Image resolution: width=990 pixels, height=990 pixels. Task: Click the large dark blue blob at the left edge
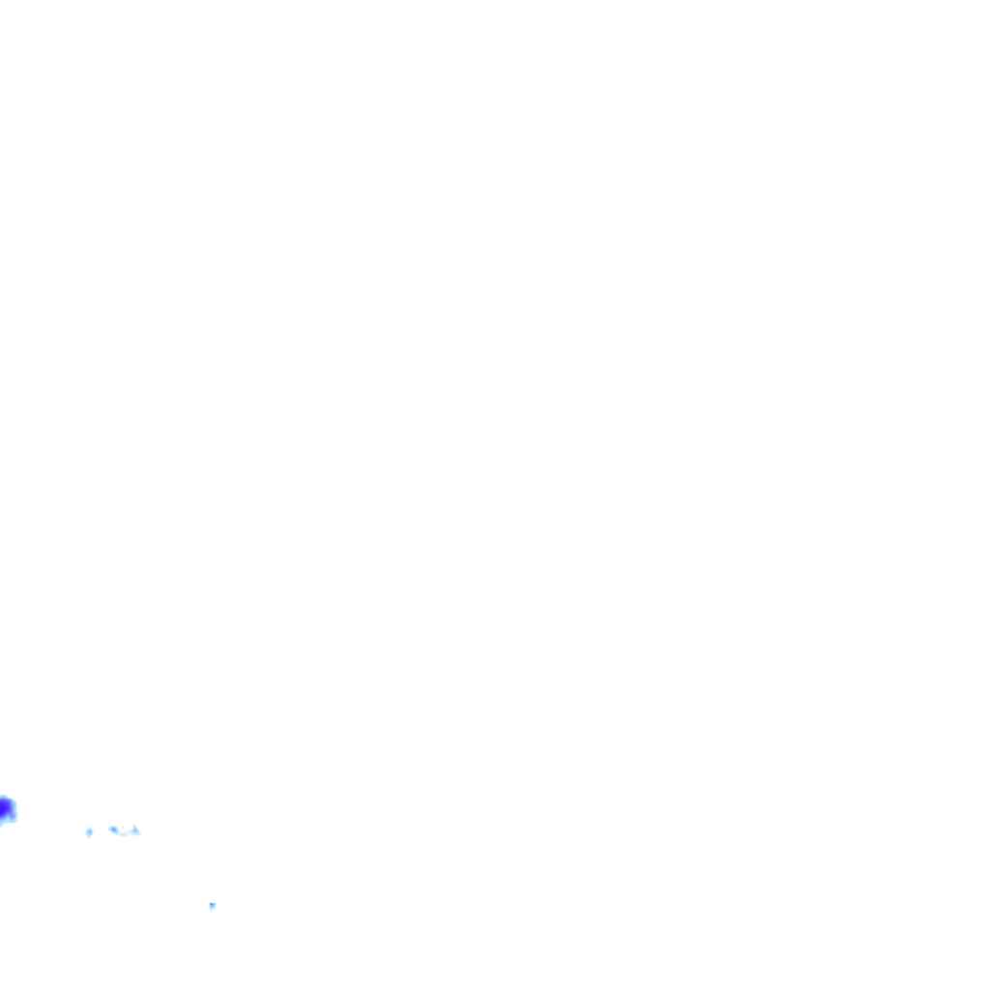(x=6, y=809)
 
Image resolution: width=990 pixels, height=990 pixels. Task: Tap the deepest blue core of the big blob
(x=5, y=808)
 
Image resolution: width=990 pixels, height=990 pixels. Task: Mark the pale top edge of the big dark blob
(x=6, y=796)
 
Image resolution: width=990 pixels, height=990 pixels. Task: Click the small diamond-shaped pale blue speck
(x=89, y=831)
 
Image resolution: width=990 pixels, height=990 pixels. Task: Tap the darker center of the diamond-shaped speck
(x=89, y=831)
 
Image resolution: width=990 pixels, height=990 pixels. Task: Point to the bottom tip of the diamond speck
(x=89, y=836)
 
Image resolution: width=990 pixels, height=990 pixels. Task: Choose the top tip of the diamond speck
(x=89, y=827)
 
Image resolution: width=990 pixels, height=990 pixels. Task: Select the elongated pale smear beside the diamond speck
(x=124, y=830)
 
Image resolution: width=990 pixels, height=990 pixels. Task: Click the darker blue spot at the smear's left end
(x=113, y=830)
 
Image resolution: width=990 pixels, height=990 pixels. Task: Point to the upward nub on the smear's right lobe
(x=134, y=828)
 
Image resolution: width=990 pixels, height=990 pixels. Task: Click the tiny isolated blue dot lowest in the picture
(x=212, y=906)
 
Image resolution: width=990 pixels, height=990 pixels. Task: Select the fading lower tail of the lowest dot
(x=212, y=910)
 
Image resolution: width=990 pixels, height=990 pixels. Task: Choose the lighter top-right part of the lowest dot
(x=214, y=904)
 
